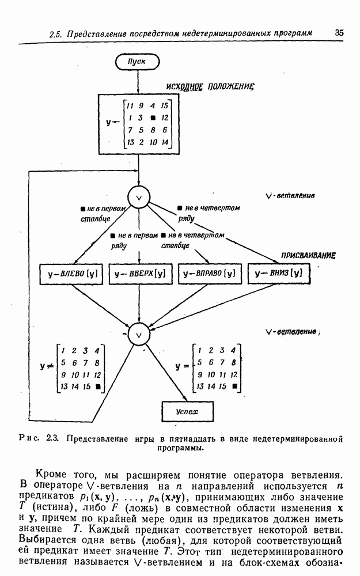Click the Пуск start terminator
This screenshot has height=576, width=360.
pyautogui.click(x=138, y=61)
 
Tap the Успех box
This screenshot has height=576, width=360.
pyautogui.click(x=187, y=411)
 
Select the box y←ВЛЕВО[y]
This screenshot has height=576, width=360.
pyautogui.click(x=71, y=274)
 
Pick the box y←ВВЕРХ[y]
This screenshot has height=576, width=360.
pyautogui.click(x=140, y=274)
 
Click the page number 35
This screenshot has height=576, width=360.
pyautogui.click(x=339, y=33)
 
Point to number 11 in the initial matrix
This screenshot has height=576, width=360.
pyautogui.click(x=130, y=106)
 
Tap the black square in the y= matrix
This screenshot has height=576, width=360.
pyautogui.click(x=234, y=386)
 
